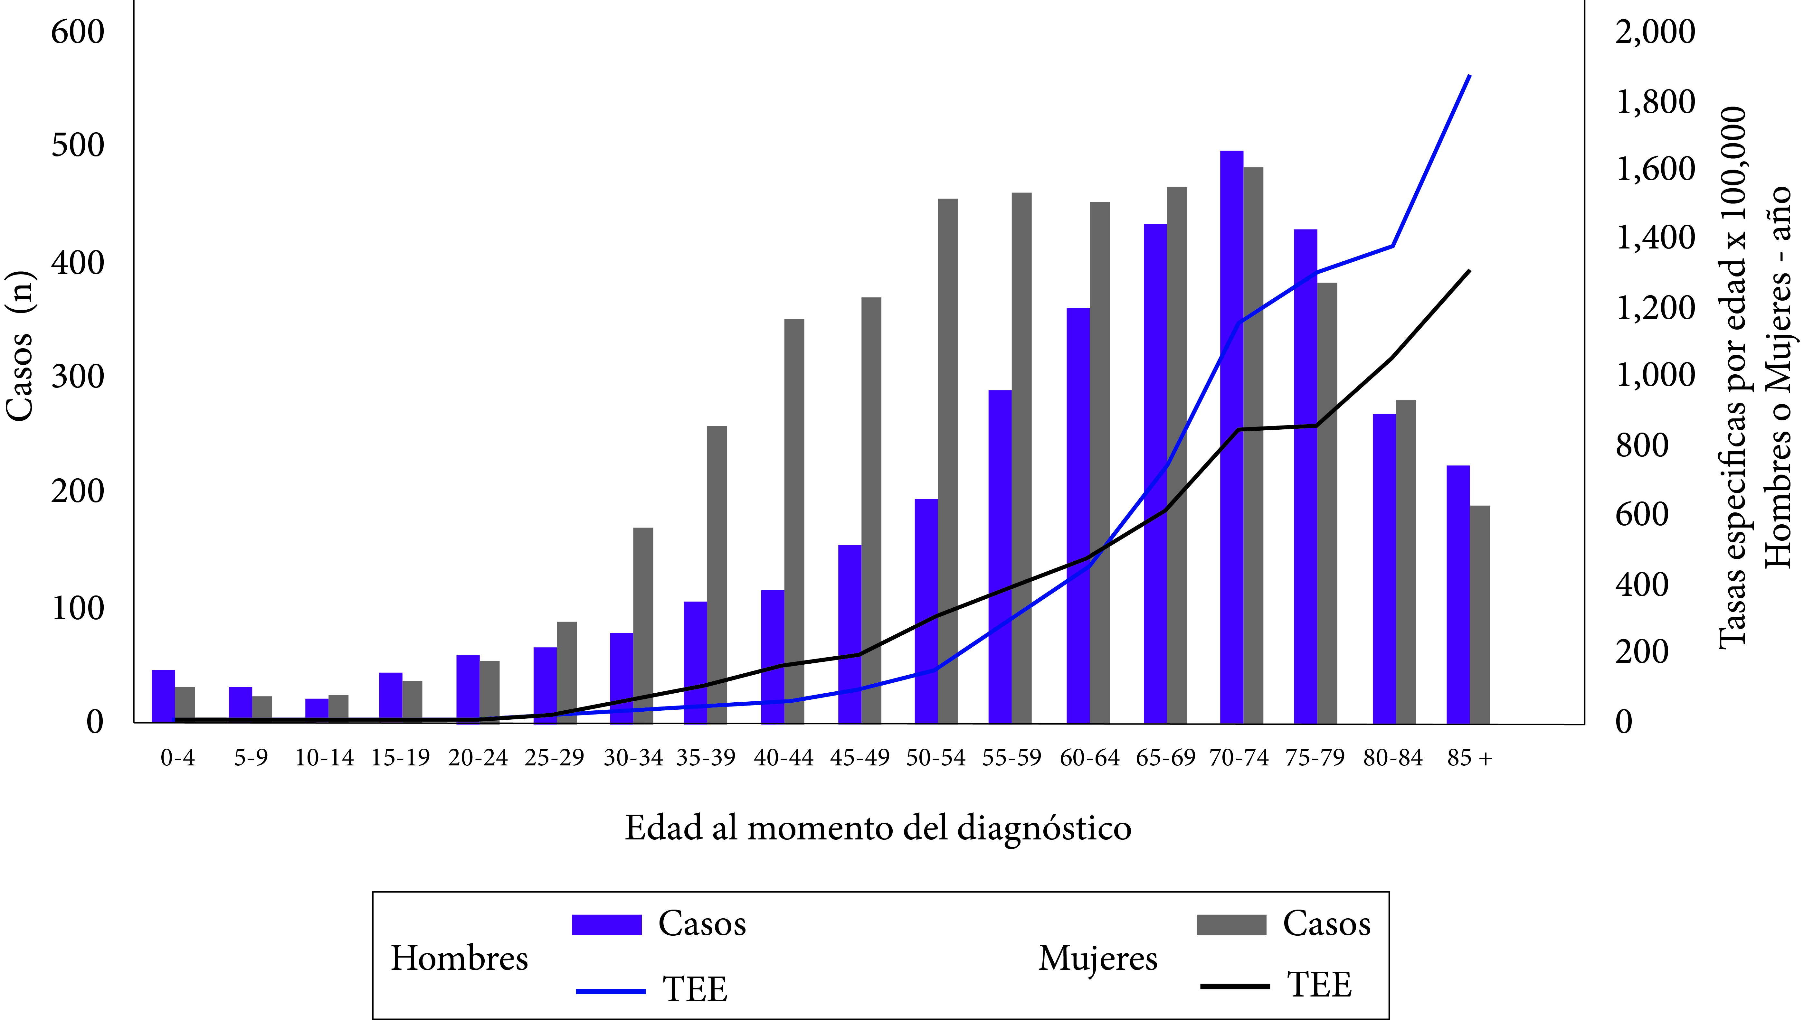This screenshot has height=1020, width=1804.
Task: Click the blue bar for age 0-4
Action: (163, 696)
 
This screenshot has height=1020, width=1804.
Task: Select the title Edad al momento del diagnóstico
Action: (878, 828)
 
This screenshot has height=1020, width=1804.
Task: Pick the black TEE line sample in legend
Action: (1235, 987)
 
